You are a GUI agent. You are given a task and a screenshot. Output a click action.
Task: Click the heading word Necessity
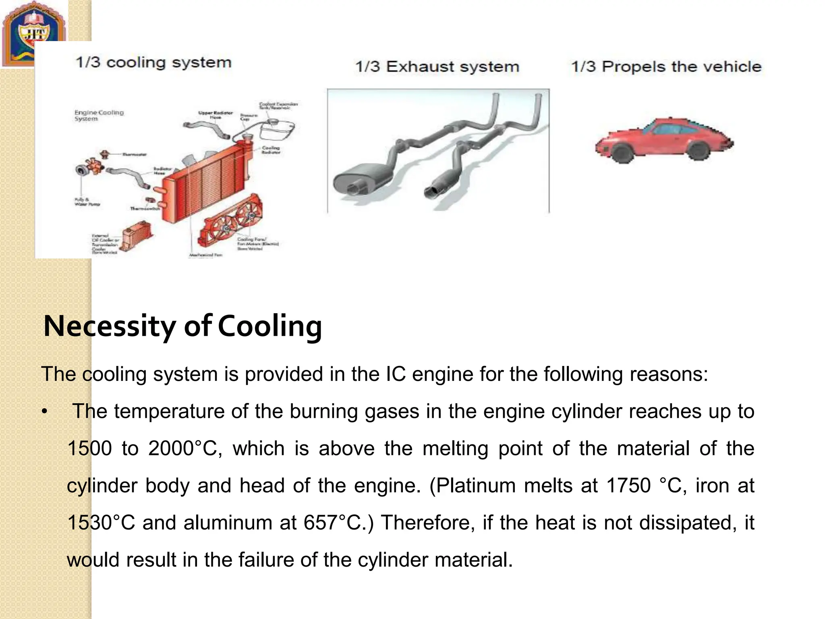pyautogui.click(x=109, y=326)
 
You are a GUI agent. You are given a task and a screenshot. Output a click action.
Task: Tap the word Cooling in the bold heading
pyautogui.click(x=270, y=326)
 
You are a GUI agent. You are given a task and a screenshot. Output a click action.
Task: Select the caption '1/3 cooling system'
pyautogui.click(x=153, y=62)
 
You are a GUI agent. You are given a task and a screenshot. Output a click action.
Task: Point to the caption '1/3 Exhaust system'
pyautogui.click(x=437, y=66)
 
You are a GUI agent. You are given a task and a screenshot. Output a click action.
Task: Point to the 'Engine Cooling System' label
pyautogui.click(x=99, y=115)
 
